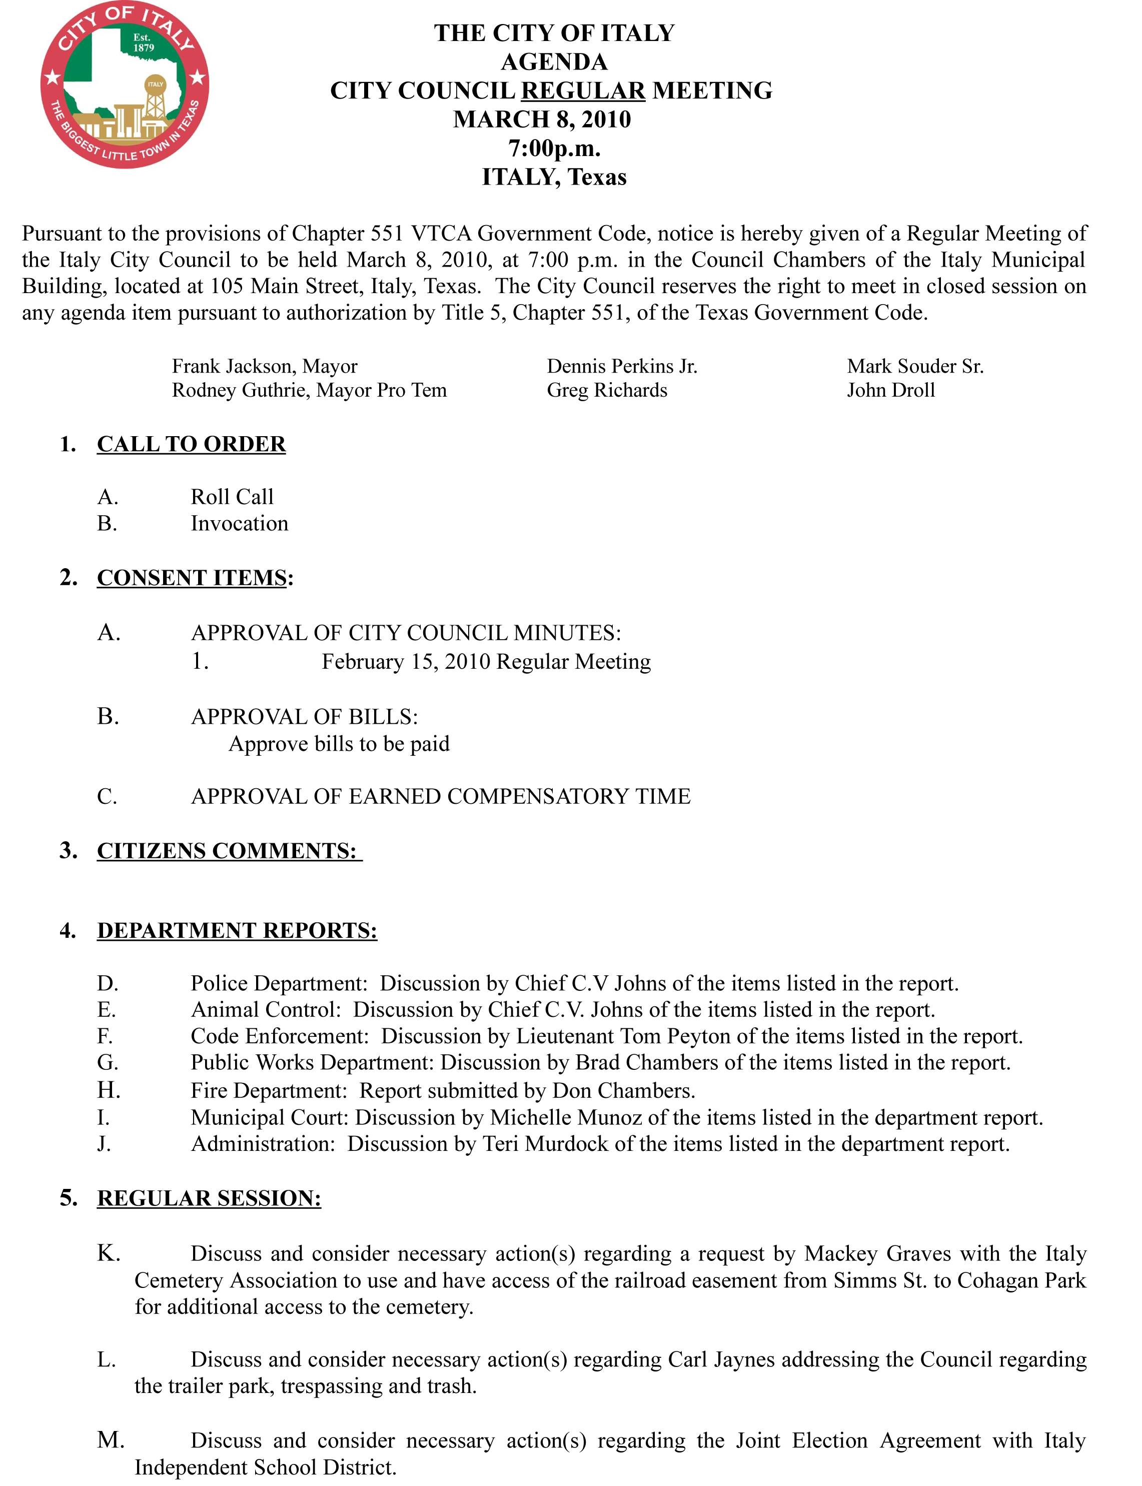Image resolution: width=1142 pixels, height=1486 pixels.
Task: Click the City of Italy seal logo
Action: tap(125, 86)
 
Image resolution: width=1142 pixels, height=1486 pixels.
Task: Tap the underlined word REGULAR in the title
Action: tap(583, 91)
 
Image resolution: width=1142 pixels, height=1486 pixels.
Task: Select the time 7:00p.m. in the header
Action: tap(554, 148)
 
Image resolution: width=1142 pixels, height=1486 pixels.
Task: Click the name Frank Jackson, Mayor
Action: tap(265, 367)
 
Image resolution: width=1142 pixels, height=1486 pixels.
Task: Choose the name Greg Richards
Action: tap(607, 390)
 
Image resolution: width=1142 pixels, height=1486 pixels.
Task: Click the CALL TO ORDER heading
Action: tap(191, 444)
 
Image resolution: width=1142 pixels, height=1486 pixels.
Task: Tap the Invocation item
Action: tap(239, 524)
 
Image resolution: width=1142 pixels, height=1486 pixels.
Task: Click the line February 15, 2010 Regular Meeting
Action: tap(486, 661)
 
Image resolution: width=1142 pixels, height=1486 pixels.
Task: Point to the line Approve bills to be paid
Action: tap(339, 744)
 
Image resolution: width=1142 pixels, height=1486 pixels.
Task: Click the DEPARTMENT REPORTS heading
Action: tap(237, 930)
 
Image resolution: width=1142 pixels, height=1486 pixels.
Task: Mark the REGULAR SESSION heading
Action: tap(209, 1198)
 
